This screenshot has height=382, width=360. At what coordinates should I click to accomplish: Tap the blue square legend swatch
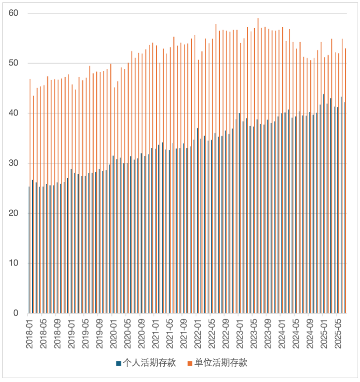pyautogui.click(x=119, y=364)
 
